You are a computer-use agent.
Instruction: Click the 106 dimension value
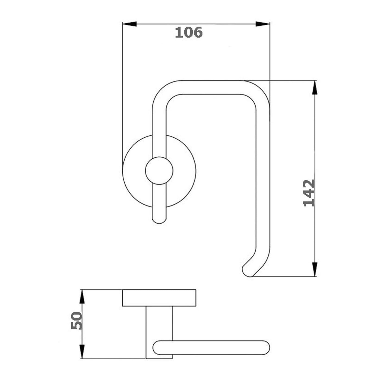coord(189,32)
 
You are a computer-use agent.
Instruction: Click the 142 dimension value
coord(309,193)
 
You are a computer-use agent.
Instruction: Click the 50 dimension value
coord(76,321)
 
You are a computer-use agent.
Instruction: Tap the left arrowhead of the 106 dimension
coord(129,24)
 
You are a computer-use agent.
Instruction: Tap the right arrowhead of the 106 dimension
coord(263,24)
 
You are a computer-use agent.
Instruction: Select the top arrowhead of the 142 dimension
coord(315,88)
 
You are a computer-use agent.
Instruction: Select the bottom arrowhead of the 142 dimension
coord(315,269)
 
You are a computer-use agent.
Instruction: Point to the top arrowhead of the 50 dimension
coord(82,302)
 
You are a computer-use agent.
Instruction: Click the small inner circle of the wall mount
coord(159,171)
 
